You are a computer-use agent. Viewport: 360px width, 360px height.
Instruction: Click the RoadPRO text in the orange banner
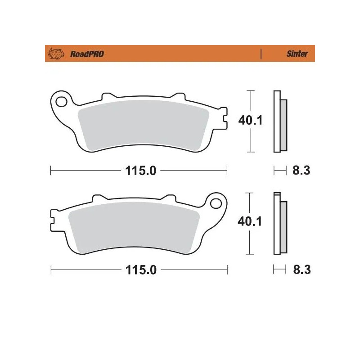[87, 54]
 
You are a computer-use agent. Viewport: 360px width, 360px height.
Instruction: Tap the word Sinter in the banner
[297, 54]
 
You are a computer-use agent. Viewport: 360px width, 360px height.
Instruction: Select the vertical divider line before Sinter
[261, 54]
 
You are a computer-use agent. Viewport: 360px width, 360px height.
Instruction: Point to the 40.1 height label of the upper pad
[251, 120]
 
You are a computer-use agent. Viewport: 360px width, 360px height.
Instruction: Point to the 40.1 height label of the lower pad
[251, 221]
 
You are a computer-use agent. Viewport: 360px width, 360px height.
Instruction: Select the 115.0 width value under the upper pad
[139, 171]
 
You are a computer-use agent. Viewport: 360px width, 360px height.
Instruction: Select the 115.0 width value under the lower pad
[139, 270]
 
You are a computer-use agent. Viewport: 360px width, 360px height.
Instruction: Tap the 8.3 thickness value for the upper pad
[302, 171]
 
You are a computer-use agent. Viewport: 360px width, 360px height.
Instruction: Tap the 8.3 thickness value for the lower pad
[302, 270]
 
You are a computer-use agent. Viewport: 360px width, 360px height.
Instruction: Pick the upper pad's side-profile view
[279, 121]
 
